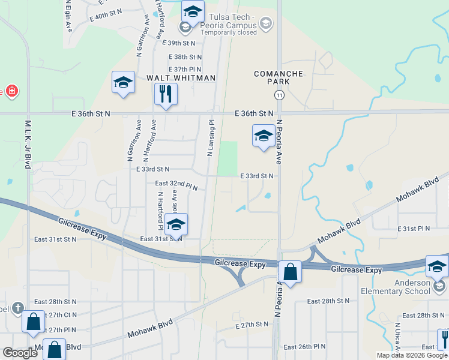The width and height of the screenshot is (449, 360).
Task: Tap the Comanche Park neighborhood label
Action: point(279,77)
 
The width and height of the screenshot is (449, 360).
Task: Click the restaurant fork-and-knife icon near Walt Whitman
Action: point(166,94)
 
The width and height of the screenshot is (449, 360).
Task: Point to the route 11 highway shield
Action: point(279,95)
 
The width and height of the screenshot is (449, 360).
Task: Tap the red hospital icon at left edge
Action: point(11,91)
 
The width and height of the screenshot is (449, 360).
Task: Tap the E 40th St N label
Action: point(106,12)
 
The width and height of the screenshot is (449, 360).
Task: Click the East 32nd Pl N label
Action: point(176,185)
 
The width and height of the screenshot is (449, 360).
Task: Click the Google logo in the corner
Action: point(20,353)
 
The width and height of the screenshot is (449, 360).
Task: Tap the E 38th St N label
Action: point(185,56)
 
